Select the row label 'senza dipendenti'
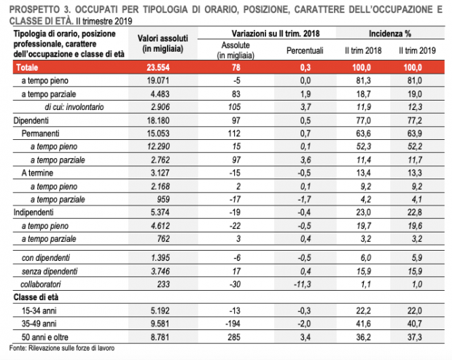coord(50,270)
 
